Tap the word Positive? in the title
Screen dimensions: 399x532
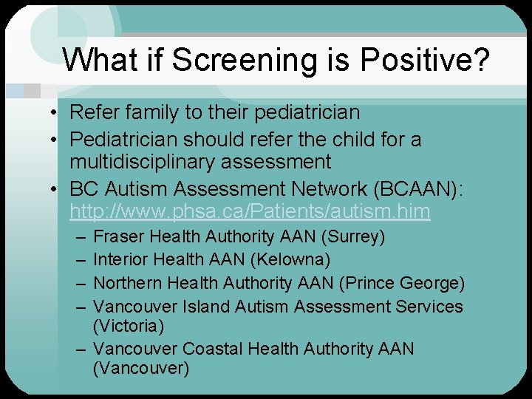click(x=429, y=61)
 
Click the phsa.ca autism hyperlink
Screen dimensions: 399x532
click(x=250, y=212)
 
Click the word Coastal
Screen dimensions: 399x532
click(x=214, y=349)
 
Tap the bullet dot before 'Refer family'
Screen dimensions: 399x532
click(x=55, y=113)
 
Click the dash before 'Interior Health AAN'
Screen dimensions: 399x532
click(x=79, y=260)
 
